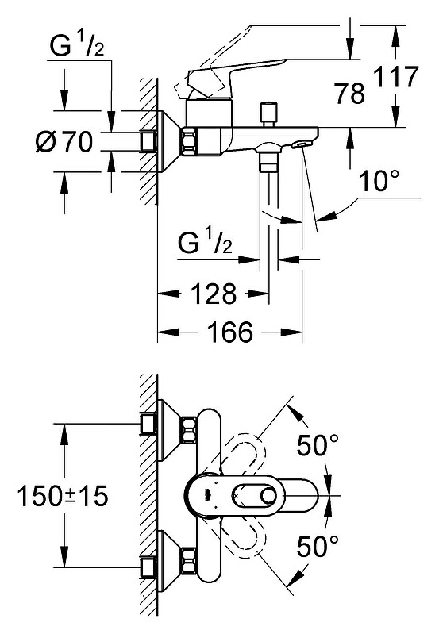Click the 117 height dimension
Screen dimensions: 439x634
coord(395,77)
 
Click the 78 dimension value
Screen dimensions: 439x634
coord(349,93)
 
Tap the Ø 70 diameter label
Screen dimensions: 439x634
coord(65,141)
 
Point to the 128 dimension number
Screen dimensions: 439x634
coord(214,294)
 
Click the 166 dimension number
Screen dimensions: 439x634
coord(229,332)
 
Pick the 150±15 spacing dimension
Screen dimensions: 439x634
coord(64,496)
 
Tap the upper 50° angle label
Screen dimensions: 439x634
coord(318,445)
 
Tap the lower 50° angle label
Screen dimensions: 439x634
coord(318,546)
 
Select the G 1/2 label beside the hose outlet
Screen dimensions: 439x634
coord(205,240)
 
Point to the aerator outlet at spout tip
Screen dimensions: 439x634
coord(302,144)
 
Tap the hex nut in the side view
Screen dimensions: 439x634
coord(190,141)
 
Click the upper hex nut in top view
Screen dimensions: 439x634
coord(190,429)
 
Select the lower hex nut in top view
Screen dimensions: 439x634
coord(190,560)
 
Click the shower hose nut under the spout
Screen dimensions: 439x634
coord(268,163)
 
